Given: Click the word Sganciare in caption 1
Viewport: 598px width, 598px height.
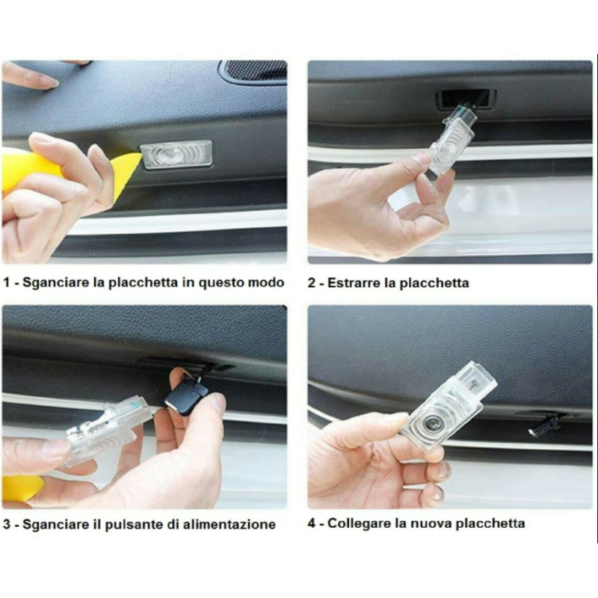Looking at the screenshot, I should click(55, 283).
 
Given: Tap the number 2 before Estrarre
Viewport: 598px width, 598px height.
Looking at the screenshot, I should click(312, 283).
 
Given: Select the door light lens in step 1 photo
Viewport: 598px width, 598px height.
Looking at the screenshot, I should click(176, 155).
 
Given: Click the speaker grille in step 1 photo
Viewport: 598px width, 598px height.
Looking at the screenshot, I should click(254, 71).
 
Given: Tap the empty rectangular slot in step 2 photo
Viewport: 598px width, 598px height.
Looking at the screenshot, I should click(465, 98).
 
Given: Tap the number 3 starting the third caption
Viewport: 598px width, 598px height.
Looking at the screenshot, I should click(7, 524).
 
